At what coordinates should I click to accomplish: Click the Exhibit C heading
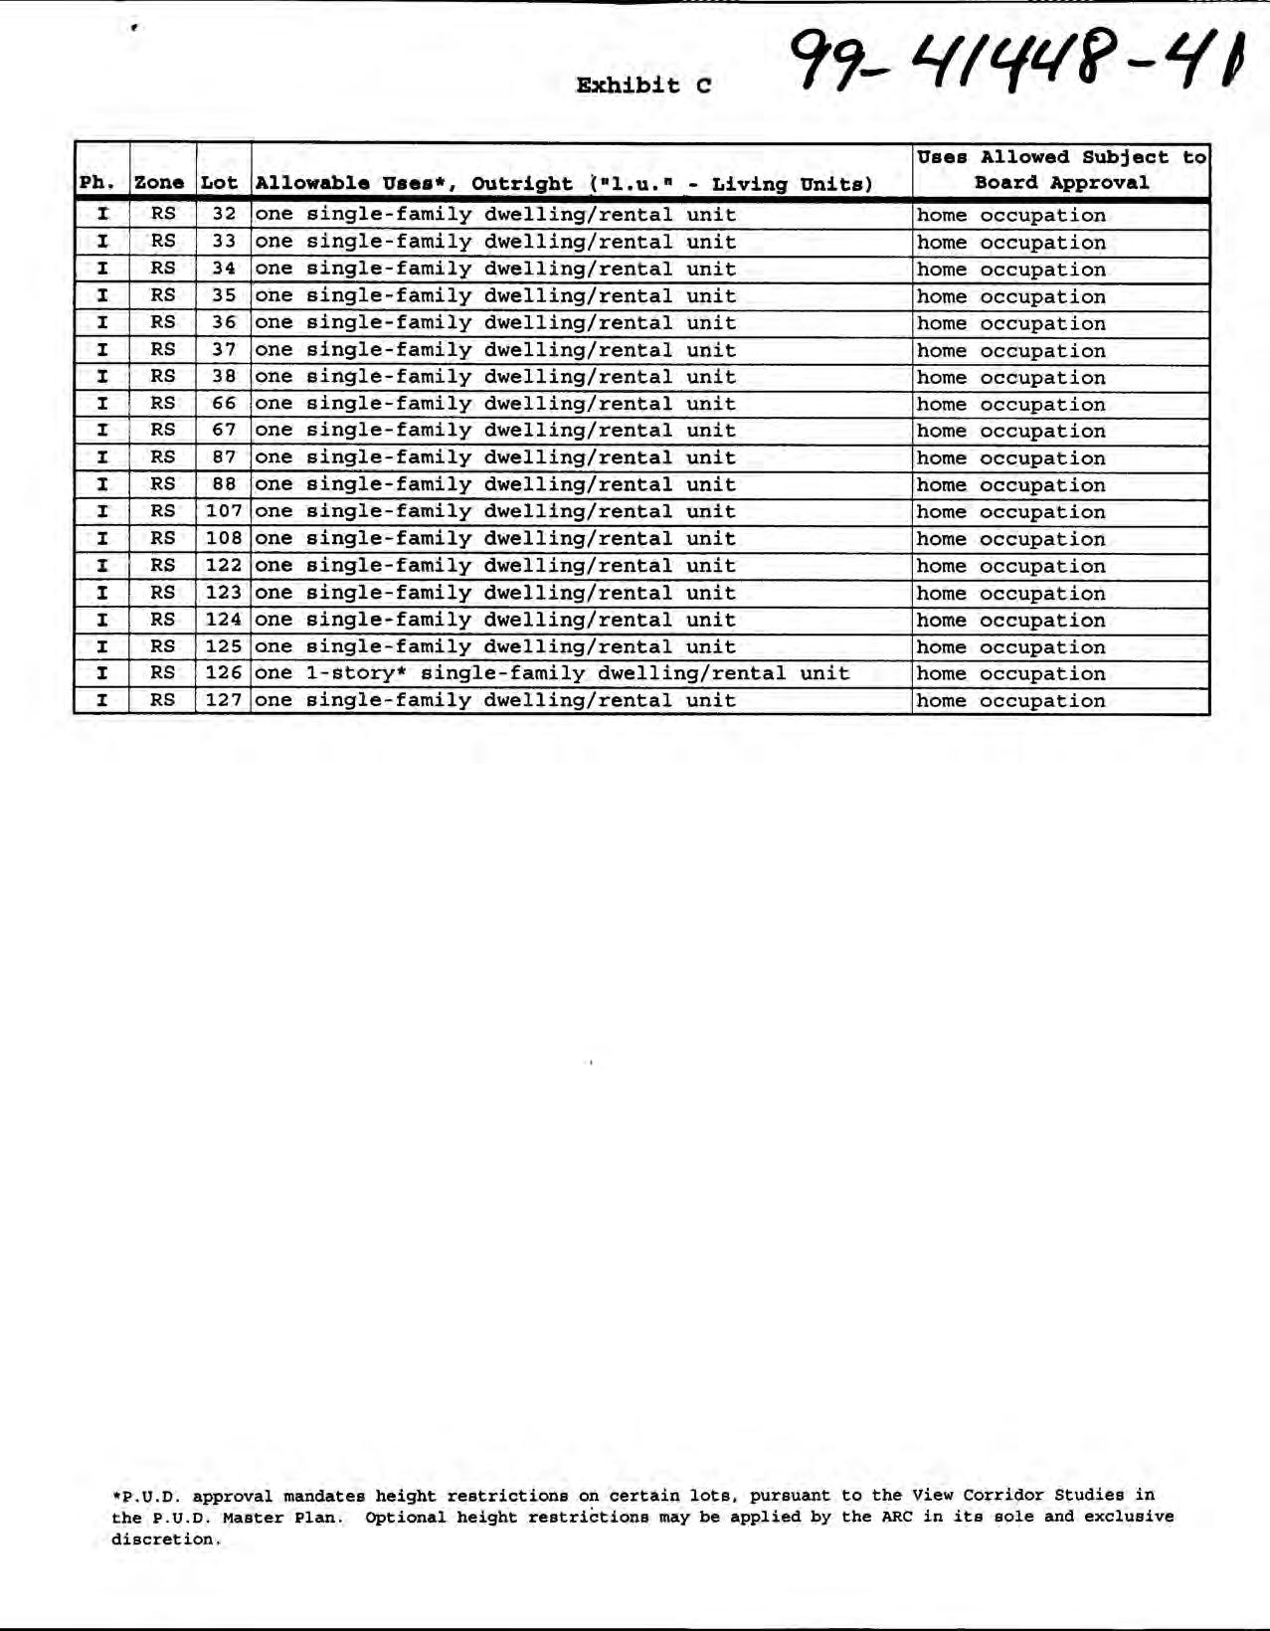643,86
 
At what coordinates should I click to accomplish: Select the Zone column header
159,183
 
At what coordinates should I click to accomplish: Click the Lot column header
219,183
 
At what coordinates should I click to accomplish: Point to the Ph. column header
97,183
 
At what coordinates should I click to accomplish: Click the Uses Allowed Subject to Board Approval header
1061,170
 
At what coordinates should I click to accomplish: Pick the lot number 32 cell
224,215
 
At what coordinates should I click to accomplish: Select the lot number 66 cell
224,404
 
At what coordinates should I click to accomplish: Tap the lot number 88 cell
224,484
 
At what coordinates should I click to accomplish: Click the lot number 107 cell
224,511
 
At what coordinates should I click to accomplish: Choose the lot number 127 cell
224,700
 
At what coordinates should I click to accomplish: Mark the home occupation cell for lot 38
1011,378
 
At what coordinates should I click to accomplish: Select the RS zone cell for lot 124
163,620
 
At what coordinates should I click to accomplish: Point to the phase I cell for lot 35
102,295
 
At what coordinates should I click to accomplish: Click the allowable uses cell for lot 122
495,566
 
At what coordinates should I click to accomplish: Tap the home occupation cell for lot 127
1011,701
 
